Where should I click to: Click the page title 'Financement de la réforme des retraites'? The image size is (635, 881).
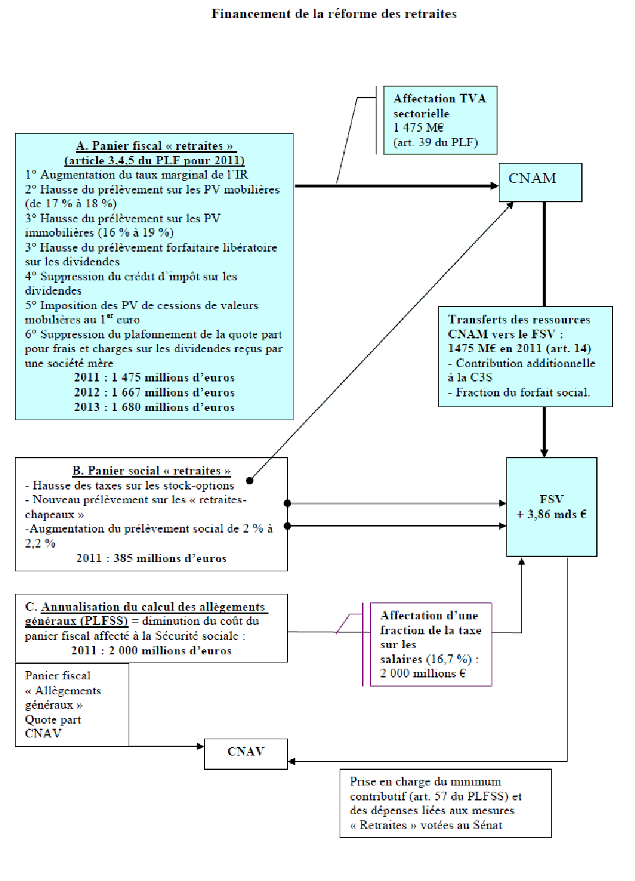pyautogui.click(x=334, y=14)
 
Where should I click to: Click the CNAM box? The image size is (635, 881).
pyautogui.click(x=540, y=182)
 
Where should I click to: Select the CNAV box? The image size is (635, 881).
pyautogui.click(x=246, y=753)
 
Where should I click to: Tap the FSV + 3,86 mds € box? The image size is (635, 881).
pyautogui.click(x=551, y=507)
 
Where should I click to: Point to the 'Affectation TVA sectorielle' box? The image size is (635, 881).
pyautogui.click(x=440, y=120)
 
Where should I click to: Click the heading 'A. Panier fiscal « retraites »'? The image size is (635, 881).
pyautogui.click(x=155, y=146)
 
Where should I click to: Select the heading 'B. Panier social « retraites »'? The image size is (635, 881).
pyautogui.click(x=152, y=471)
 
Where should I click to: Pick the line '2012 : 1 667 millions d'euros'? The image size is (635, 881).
pyautogui.click(x=154, y=392)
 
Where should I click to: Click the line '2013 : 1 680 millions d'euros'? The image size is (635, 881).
pyautogui.click(x=154, y=407)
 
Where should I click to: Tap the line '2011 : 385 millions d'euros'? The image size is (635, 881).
pyautogui.click(x=151, y=558)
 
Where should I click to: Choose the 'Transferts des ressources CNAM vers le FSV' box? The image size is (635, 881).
pyautogui.click(x=525, y=356)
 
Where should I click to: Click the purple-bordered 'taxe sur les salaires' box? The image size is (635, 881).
pyautogui.click(x=430, y=644)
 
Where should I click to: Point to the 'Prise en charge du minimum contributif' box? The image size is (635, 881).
pyautogui.click(x=445, y=803)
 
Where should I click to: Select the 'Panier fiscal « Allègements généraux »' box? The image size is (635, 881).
pyautogui.click(x=72, y=704)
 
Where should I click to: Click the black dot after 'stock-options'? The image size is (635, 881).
pyautogui.click(x=250, y=480)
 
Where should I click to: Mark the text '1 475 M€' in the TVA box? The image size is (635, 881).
pyautogui.click(x=418, y=127)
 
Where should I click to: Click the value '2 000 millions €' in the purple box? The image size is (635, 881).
pyautogui.click(x=423, y=673)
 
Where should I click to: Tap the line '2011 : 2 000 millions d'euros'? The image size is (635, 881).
pyautogui.click(x=151, y=651)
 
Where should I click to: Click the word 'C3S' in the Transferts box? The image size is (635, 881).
pyautogui.click(x=481, y=377)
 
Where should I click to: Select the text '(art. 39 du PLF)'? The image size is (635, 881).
pyautogui.click(x=435, y=142)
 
